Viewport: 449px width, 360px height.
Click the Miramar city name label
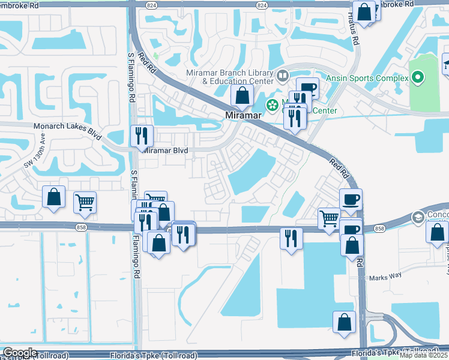[241, 115]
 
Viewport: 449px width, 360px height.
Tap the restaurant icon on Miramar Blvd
[142, 136]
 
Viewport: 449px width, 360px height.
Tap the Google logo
[20, 353]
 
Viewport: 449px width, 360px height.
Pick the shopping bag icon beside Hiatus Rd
[364, 11]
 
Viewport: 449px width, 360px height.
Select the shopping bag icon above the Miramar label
[241, 95]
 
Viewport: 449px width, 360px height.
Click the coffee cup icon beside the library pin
[307, 88]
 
